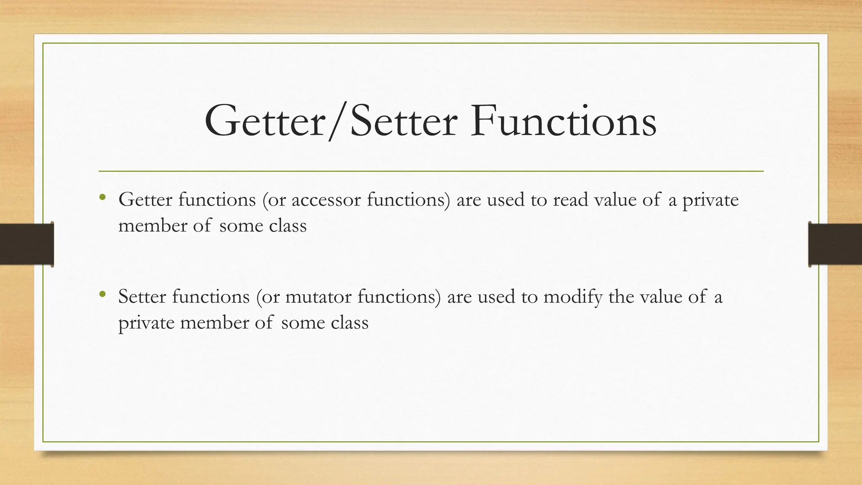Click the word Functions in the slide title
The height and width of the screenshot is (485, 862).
point(563,122)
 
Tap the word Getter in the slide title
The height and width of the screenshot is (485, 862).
point(265,122)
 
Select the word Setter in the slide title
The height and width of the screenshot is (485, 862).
point(404,122)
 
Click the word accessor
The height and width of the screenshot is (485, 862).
point(326,200)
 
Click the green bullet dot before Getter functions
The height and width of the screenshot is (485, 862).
point(102,197)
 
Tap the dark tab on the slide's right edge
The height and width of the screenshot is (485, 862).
point(835,244)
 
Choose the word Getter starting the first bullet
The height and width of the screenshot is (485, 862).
point(145,200)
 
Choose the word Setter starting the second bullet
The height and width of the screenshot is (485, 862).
point(142,297)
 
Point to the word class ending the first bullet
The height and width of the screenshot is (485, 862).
point(288,226)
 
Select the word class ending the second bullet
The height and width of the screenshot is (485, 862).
point(350,323)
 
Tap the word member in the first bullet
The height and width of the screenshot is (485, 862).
point(152,226)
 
